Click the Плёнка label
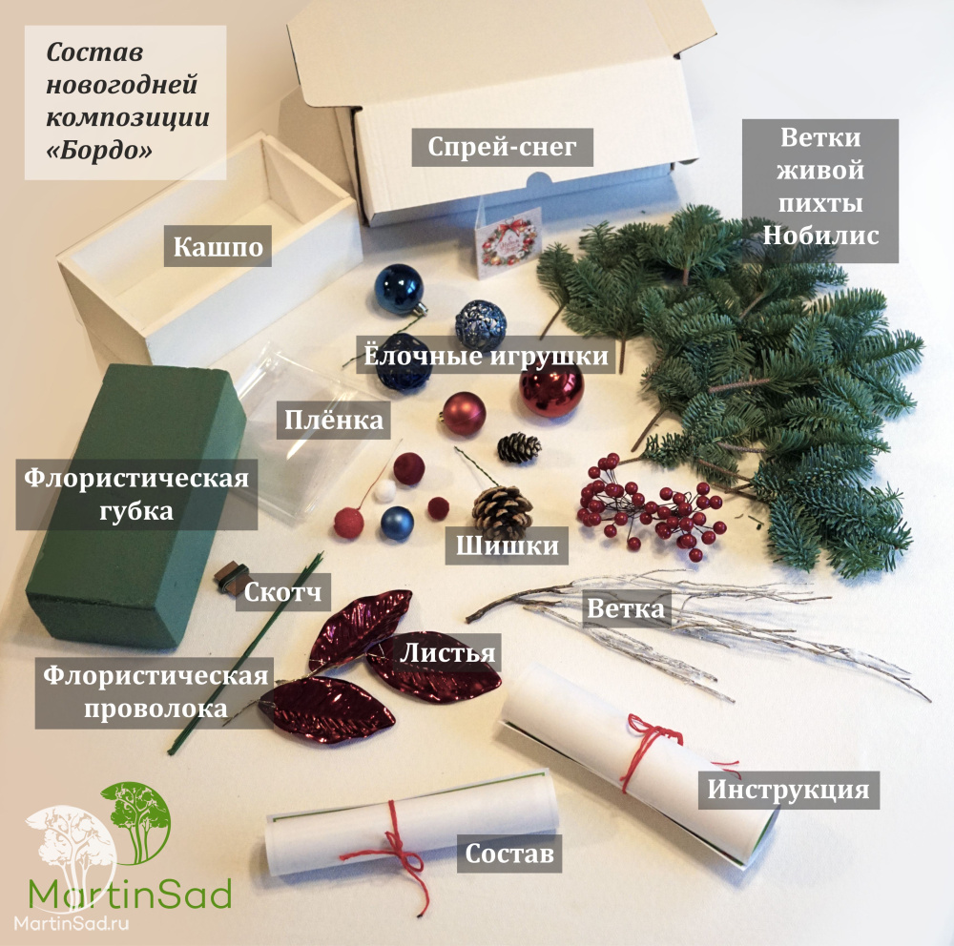pos(334,419)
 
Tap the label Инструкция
pos(788,789)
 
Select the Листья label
pos(447,654)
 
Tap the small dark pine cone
pos(519,447)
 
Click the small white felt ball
pos(385,490)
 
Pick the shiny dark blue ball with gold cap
pos(399,289)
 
